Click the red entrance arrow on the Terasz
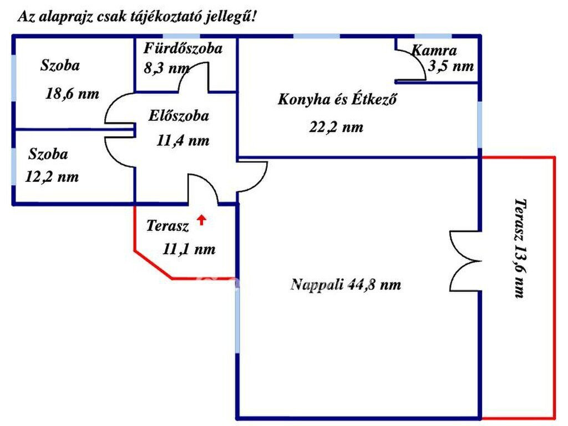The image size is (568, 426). pos(201,220)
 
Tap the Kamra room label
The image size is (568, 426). pos(434,50)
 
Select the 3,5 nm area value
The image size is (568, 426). pos(451,67)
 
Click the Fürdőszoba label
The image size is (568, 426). pos(183,49)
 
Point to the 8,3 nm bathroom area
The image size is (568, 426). pos(166,68)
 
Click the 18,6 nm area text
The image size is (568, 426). pos(72,94)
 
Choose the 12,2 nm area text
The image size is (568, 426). pos(52,177)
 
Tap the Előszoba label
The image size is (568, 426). pos(179,116)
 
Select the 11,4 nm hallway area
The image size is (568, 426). pos(183,140)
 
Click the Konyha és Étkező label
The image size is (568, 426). pos(337,99)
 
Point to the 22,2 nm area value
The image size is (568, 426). pos(336,128)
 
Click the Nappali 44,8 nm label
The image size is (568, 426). pos(346,285)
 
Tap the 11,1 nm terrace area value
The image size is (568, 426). pos(189,249)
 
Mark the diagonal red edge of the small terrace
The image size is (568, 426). pos(153,265)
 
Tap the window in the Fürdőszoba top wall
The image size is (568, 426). pos(181,36)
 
